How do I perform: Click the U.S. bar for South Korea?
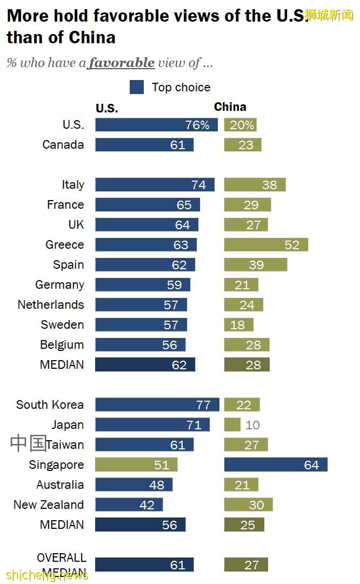coord(157,404)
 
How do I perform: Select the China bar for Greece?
coord(266,244)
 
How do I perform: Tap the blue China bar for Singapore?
coord(276,464)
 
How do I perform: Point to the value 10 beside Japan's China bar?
coord(252,424)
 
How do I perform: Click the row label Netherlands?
coord(51,304)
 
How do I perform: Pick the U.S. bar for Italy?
coord(155,184)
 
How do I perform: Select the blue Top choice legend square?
coord(137,87)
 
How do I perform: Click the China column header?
coord(230,107)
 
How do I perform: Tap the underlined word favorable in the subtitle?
coord(122,63)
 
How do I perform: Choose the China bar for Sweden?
coord(239,324)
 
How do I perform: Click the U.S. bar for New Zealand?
coord(129,505)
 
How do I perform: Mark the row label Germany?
coord(59,284)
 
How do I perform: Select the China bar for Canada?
coord(243,144)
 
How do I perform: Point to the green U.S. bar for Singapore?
coord(136,464)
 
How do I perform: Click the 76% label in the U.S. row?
coord(197,125)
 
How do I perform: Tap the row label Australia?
coord(60,485)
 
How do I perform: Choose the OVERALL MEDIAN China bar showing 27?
coord(246,565)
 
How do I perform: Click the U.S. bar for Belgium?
coord(141,344)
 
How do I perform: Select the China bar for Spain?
coord(256,264)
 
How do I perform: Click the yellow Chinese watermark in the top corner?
coord(329,15)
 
